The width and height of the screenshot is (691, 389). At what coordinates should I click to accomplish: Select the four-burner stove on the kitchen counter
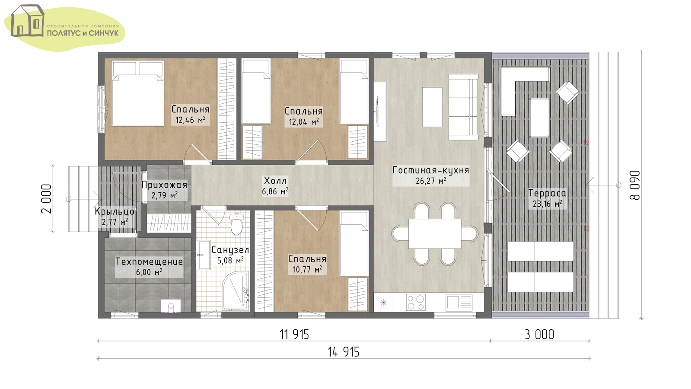tap(416, 302)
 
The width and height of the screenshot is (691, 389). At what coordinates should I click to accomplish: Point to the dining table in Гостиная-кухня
tap(435, 233)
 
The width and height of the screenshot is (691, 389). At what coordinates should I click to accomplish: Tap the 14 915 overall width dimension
tap(344, 352)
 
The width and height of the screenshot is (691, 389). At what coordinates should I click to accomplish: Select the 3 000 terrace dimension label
tap(540, 335)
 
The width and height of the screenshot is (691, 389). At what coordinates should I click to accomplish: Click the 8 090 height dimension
tap(635, 185)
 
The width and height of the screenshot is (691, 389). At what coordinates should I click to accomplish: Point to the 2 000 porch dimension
tap(46, 199)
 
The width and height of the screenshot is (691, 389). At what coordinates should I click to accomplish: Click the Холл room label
tap(275, 181)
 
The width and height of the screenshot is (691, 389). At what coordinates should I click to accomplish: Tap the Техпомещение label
tap(149, 261)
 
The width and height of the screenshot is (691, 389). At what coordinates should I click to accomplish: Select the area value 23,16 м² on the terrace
tap(548, 204)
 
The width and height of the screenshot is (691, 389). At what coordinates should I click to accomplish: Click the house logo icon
tap(27, 21)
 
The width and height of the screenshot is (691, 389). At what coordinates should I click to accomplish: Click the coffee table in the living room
tap(432, 107)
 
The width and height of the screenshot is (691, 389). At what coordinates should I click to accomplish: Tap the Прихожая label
tap(164, 185)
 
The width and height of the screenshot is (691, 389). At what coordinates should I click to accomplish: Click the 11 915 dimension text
tap(294, 335)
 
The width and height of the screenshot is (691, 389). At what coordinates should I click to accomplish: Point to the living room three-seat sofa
tap(463, 107)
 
